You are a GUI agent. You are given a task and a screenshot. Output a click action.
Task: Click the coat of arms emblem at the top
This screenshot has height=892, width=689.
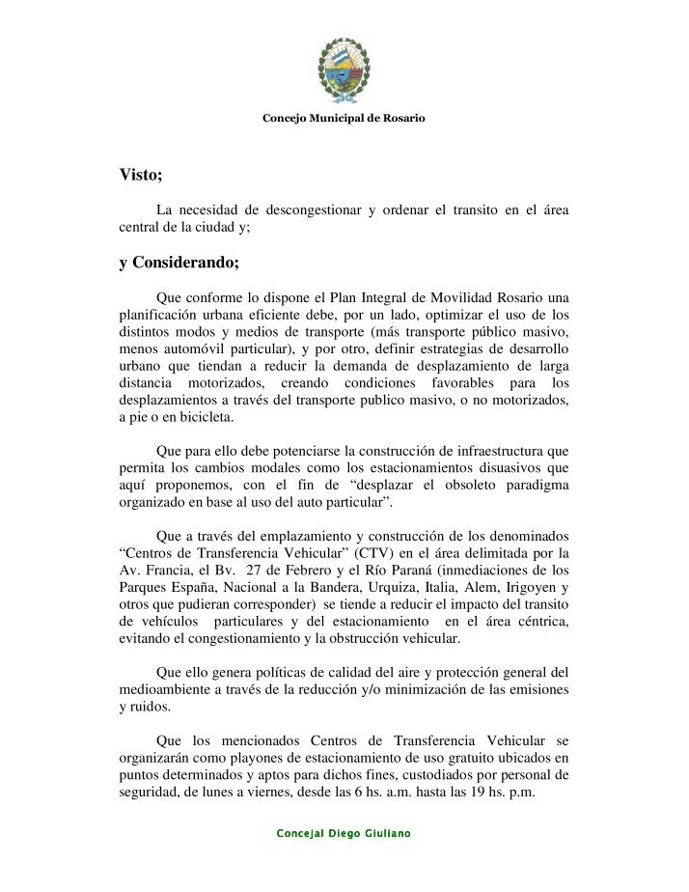coord(344,70)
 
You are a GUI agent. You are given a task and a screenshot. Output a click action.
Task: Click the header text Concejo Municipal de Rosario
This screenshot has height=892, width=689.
coord(344,118)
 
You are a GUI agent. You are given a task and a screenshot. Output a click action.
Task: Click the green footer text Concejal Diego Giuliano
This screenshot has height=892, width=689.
coord(344,833)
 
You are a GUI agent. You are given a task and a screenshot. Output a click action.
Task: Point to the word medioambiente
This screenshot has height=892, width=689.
coord(163,689)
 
